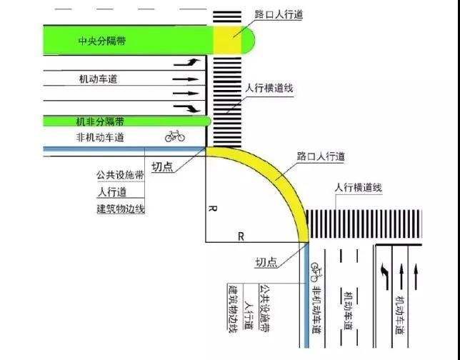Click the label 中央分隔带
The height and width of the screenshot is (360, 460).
pos(102,41)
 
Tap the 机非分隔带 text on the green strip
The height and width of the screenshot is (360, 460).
pos(100,121)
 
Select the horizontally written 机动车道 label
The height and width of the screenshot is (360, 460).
pos(98,79)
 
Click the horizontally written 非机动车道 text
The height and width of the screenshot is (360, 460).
pos(100,137)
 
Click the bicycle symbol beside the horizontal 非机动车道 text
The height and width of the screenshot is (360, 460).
pos(175,136)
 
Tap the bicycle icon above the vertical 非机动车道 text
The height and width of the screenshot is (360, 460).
pos(316,271)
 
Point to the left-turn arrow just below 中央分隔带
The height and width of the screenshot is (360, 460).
pos(187,62)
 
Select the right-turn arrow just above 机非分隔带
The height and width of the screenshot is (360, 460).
pos(187,109)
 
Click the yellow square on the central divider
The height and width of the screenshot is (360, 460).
pos(227,40)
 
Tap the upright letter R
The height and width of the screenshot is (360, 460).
pos(241,236)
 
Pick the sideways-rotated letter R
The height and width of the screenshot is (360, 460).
pos(213,209)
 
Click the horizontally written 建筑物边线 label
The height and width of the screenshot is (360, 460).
pos(121,209)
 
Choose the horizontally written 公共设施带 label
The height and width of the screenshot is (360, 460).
pos(120,175)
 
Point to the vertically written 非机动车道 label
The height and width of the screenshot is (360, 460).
pos(317,310)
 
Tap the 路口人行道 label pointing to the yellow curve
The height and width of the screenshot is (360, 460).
pos(321,156)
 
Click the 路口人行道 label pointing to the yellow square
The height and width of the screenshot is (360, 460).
pos(279,14)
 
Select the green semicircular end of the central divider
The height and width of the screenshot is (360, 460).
pos(248,40)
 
